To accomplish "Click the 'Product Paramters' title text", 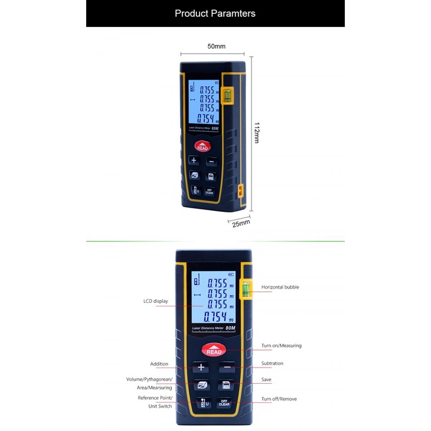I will click(215, 13).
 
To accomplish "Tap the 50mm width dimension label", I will click(216, 46).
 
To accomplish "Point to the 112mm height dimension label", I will click(257, 132).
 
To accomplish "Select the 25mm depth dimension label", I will click(241, 223).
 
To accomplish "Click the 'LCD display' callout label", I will click(156, 301).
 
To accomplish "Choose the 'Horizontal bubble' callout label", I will click(280, 287).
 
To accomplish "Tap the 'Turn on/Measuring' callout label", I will click(281, 345).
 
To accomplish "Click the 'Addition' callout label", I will click(159, 364).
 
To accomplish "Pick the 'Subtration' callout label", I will click(272, 363).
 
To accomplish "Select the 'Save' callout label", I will click(267, 380).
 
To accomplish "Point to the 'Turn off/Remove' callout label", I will click(279, 399).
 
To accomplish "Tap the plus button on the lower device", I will click(201, 368).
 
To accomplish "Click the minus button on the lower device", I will click(226, 368).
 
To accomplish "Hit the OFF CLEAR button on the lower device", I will click(224, 402).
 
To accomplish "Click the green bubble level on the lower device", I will click(245, 289).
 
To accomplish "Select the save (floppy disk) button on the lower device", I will click(226, 385).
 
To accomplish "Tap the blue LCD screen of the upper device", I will click(203, 102).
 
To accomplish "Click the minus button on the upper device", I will click(211, 160).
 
